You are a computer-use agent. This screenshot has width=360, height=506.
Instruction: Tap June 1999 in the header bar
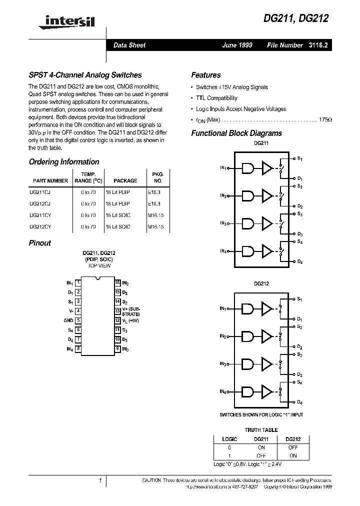coord(237,45)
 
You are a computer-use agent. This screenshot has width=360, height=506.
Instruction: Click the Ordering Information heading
coord(64,162)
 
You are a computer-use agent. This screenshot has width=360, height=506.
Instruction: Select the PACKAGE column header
coord(125,180)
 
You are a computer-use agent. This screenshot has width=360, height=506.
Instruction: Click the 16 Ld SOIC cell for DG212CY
coord(117,226)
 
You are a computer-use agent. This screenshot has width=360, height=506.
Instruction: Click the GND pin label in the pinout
coord(68,320)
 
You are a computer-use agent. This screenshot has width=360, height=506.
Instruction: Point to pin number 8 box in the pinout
coord(78,348)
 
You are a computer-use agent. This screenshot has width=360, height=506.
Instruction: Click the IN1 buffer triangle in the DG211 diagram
coord(267,168)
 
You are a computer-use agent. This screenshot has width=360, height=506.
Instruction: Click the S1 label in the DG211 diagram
coord(299,158)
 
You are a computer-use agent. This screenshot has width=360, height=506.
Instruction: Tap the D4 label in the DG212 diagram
coord(299,402)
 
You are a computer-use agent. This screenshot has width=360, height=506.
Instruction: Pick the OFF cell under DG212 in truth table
coord(292,447)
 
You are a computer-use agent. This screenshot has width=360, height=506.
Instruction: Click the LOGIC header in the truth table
coord(229,439)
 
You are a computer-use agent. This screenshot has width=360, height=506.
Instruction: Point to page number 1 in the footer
coord(100,480)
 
